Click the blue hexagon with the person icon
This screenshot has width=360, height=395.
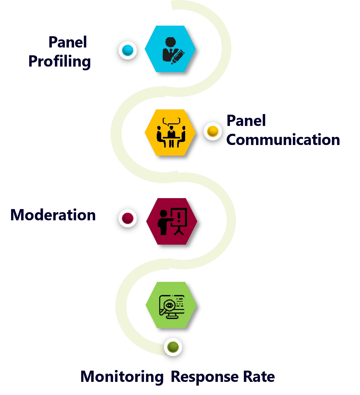click(170, 49)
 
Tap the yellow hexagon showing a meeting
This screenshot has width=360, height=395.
click(170, 132)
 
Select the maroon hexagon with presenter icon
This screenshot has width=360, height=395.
click(171, 221)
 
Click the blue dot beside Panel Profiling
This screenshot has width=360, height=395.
click(127, 50)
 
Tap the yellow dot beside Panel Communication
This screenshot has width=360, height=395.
click(213, 131)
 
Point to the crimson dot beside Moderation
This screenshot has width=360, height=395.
click(127, 218)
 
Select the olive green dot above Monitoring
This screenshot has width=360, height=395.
click(173, 347)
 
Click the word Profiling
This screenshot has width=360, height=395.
click(59, 62)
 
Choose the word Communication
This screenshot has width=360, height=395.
click(283, 140)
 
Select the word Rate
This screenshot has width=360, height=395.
click(259, 377)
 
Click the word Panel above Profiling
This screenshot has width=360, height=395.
click(67, 42)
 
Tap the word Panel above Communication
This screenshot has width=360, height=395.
click(246, 120)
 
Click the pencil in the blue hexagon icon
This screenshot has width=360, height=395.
click(178, 57)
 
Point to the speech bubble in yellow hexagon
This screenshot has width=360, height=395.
click(171, 122)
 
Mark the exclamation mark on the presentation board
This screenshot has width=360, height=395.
click(179, 216)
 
